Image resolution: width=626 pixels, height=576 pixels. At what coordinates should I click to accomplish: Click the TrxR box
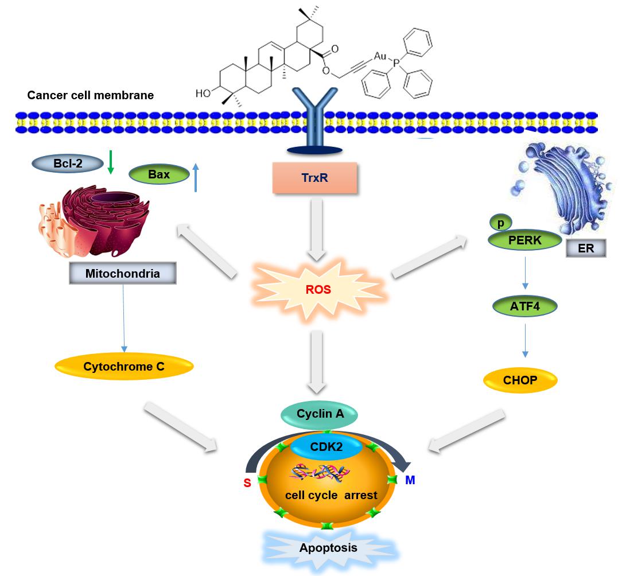pos(314,177)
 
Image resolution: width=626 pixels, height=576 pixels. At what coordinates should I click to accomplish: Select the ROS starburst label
pos(318,289)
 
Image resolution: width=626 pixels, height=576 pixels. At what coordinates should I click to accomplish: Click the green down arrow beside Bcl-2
pos(111,163)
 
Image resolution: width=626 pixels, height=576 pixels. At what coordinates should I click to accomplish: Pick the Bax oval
pos(159,174)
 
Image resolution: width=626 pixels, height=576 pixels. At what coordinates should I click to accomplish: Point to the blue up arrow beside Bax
pos(196,177)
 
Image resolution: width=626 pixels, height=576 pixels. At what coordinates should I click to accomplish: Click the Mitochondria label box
pos(122,274)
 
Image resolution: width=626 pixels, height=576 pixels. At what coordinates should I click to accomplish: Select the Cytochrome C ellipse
pos(124,366)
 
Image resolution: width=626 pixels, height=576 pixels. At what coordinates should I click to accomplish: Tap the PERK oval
pos(524,240)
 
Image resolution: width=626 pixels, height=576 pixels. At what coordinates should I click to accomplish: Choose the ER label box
pos(586,248)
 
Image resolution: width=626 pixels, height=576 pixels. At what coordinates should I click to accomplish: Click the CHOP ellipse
pos(520,380)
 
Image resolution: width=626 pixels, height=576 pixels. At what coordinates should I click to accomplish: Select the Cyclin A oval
pos(320,413)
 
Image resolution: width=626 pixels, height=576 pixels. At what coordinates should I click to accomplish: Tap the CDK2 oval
pos(326,446)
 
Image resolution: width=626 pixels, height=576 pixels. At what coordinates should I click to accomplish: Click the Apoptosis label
pos(328,547)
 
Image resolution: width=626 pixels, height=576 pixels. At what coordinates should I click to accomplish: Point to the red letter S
pos(247,483)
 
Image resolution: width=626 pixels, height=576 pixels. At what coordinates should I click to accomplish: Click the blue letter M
pos(410,480)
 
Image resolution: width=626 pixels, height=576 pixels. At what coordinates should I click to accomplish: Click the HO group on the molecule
pos(203,92)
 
